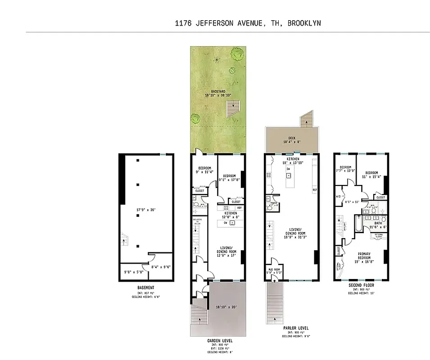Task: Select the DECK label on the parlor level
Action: pos(292,139)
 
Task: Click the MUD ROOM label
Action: pos(274,270)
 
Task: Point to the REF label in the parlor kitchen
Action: pos(314,190)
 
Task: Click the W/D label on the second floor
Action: pos(339,196)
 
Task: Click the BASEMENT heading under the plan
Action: pos(146,288)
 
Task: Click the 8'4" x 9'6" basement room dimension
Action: pos(160,267)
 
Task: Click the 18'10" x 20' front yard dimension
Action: pos(226,307)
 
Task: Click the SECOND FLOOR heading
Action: pos(361,285)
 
